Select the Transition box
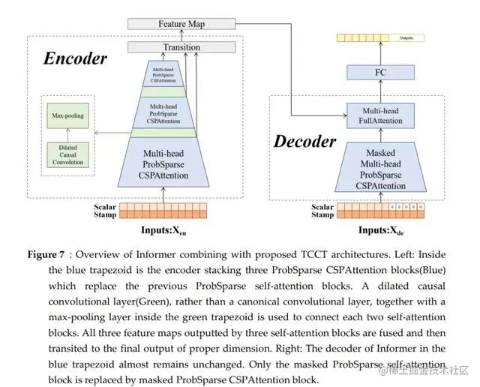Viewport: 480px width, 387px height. point(181,47)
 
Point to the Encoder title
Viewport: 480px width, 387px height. point(74,58)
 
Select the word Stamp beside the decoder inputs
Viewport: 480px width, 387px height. point(322,215)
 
